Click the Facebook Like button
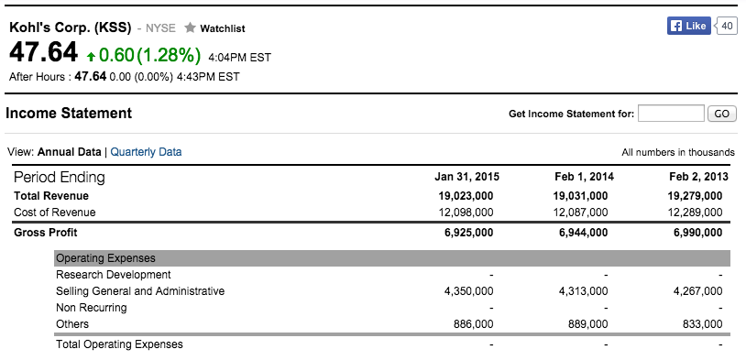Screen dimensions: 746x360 point(689,26)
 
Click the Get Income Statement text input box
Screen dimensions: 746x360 point(670,114)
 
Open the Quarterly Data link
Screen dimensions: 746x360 point(146,152)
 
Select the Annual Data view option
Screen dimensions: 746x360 point(69,152)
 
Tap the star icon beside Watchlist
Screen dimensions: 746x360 point(191,28)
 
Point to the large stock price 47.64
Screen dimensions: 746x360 point(43,52)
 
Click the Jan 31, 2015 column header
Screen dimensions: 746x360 point(466,177)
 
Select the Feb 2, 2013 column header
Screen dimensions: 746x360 point(698,177)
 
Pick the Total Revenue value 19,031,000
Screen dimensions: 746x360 point(580,196)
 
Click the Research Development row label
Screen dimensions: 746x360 point(113,275)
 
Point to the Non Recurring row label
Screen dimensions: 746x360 point(91,308)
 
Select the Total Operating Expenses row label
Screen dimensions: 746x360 point(119,344)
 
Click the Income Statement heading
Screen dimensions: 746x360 point(69,114)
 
